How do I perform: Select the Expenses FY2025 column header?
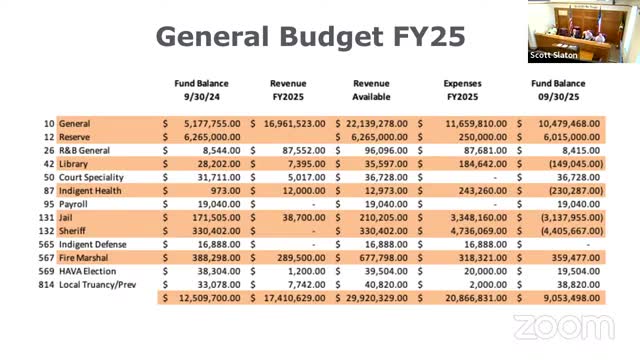(470, 91)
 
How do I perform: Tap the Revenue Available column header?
(377, 91)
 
